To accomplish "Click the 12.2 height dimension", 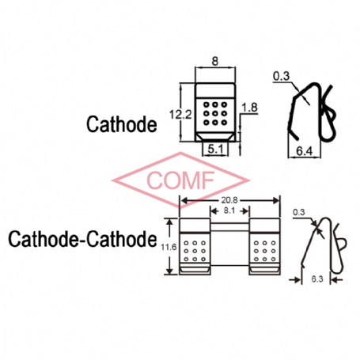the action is (180, 115).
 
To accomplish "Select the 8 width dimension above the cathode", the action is (215, 62).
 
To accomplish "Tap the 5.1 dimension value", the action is (215, 150).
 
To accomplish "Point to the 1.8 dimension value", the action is (249, 108).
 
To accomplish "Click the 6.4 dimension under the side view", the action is (304, 151).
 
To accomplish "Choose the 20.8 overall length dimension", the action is (229, 200).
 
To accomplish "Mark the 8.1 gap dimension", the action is (229, 211).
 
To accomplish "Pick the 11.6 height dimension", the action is (169, 247).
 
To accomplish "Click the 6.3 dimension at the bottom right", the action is (317, 279).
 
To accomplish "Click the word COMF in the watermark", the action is (180, 180).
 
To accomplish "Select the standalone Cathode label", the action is (122, 124).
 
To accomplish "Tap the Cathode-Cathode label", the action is (82, 239).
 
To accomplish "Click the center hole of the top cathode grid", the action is (215, 114).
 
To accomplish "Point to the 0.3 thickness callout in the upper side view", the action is (281, 76).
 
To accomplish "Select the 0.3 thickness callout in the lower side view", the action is (299, 212).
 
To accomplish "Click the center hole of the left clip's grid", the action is (195, 251).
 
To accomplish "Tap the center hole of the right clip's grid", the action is (264, 251).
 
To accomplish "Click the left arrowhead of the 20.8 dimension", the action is (183, 200).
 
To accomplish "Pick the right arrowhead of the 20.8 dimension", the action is (276, 200).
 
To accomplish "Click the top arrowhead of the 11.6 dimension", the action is (170, 222).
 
